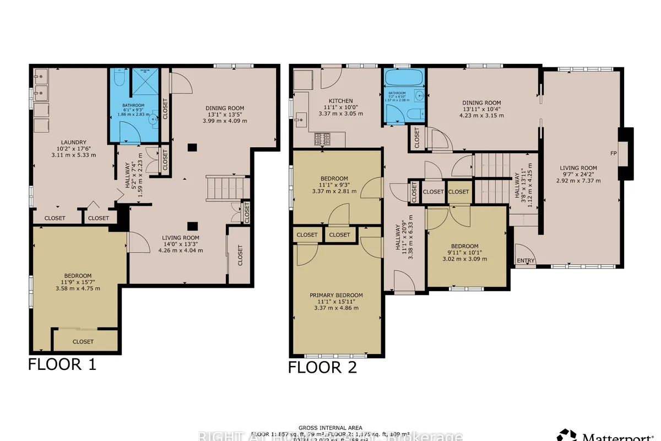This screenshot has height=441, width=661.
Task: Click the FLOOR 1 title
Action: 62,364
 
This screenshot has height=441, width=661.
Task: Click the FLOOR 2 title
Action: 322,367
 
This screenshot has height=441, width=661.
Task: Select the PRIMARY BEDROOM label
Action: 336,295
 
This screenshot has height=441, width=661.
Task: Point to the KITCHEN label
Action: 342,101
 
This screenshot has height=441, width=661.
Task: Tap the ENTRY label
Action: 525,261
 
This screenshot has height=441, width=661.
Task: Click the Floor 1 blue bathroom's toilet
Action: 117,79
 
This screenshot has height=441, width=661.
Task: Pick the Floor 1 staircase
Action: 225,189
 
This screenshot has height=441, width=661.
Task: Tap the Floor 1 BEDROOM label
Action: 78,276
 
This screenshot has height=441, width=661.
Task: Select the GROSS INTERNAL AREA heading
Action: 330,428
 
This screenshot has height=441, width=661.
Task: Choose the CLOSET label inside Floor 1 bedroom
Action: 83,341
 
